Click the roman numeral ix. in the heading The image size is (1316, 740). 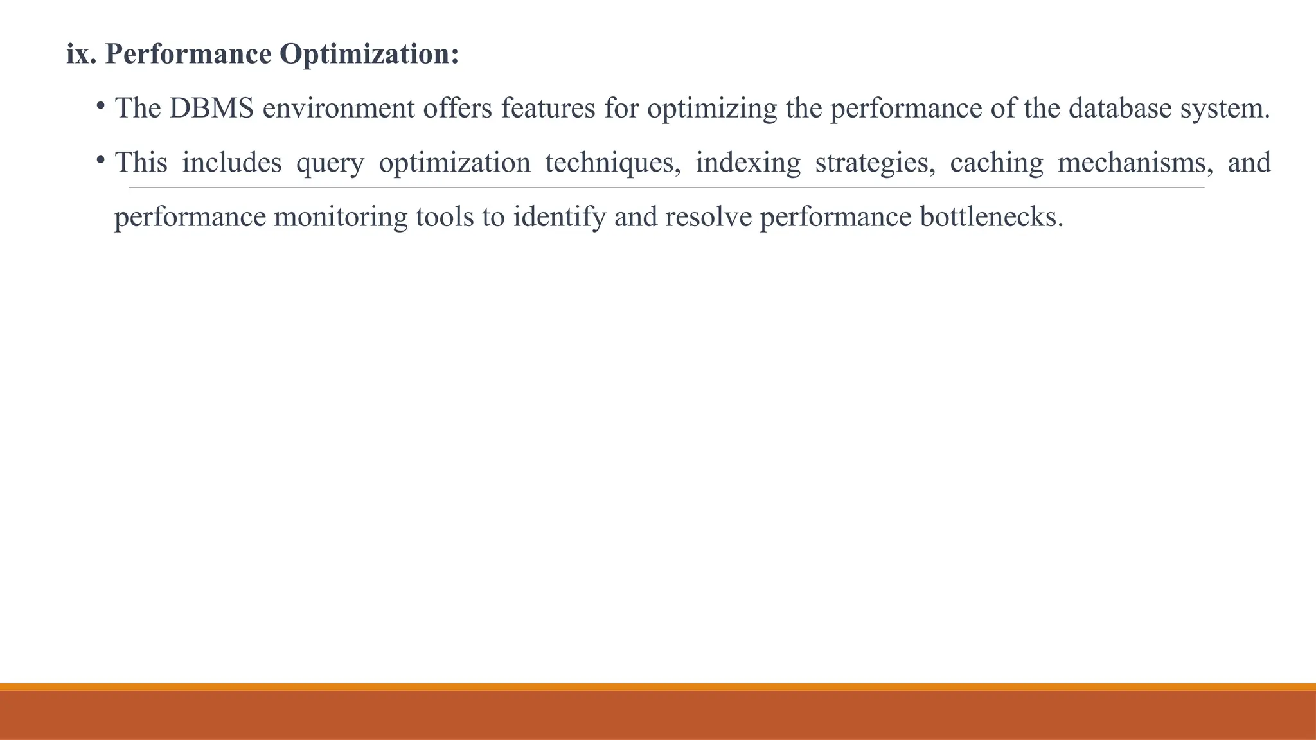coord(81,54)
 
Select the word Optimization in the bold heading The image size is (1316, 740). coord(369,54)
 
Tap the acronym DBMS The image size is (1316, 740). coord(211,108)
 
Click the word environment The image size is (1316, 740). coord(339,108)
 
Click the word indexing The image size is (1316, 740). coord(748,163)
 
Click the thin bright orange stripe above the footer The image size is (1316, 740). coord(658,687)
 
